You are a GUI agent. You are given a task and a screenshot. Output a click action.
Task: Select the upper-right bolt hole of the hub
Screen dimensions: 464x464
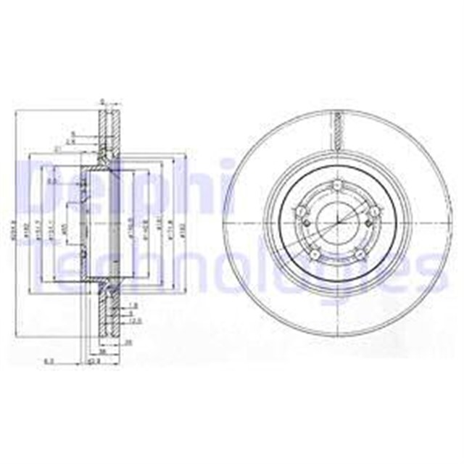(x=373, y=210)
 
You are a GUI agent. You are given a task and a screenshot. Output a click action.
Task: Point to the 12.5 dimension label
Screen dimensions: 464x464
(x=136, y=319)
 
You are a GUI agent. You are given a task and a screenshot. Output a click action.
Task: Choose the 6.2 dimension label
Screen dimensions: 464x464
(x=48, y=358)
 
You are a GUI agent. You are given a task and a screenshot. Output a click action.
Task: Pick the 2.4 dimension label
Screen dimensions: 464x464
(x=70, y=141)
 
